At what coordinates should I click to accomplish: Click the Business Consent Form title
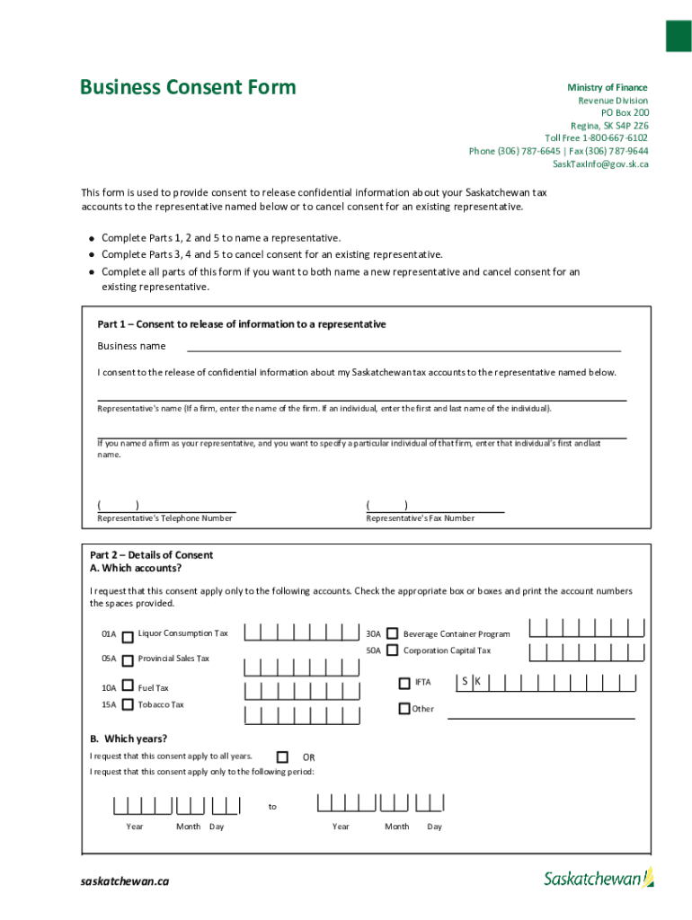tap(187, 87)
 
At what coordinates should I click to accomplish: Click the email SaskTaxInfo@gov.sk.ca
tap(599, 164)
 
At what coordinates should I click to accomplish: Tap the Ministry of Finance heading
tap(607, 87)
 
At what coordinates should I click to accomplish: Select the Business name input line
tap(403, 346)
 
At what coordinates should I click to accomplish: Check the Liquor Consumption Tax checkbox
tap(128, 637)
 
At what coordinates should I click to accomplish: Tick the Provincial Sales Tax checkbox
tap(128, 661)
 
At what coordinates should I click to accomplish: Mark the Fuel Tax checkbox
tap(128, 687)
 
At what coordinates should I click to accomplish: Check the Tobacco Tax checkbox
tap(128, 704)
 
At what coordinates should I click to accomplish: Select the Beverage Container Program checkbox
tap(393, 633)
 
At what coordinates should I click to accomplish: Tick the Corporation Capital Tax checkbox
tap(393, 650)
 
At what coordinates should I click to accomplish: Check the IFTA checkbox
tap(404, 683)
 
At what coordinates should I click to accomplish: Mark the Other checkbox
tap(404, 709)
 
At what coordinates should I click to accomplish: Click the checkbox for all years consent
tap(283, 756)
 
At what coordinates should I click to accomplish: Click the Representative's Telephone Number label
tap(164, 518)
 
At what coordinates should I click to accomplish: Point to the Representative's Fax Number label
tap(420, 518)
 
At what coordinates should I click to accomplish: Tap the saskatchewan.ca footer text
tap(125, 881)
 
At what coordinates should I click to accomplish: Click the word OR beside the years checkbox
tap(308, 757)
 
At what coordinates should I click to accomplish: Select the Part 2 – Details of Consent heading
tap(151, 555)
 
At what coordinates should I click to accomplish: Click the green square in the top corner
tap(678, 35)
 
